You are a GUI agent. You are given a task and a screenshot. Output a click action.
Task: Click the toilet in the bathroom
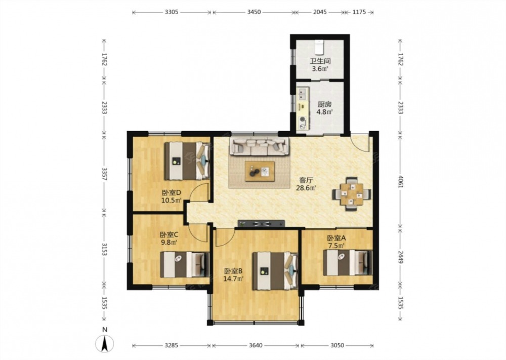tap(319, 48)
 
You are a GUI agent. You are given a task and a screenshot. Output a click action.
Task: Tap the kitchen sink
tap(303, 94)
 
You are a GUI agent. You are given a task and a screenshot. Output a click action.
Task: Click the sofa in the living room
tap(260, 146)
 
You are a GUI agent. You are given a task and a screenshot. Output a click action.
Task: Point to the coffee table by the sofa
tap(260, 172)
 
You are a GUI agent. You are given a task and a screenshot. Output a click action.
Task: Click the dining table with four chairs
tap(352, 194)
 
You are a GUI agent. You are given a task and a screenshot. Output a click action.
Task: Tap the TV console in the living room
tap(262, 223)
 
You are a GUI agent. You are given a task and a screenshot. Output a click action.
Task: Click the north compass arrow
tap(105, 343)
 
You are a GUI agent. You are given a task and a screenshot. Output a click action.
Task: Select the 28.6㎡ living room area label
tap(306, 187)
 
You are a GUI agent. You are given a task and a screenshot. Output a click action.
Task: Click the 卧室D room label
tap(172, 193)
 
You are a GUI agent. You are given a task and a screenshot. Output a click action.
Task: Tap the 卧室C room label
tap(169, 235)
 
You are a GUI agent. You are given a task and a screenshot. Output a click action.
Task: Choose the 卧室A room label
tap(336, 238)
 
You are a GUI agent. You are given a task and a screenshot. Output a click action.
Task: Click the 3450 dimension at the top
tap(254, 12)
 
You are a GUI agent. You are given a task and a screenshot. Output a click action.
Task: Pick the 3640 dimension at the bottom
tap(256, 345)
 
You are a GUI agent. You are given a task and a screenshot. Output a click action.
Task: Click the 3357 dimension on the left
tap(104, 174)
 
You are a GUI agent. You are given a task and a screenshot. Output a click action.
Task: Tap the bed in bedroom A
tap(348, 262)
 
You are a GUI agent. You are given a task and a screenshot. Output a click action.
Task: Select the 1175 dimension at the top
tap(359, 12)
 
